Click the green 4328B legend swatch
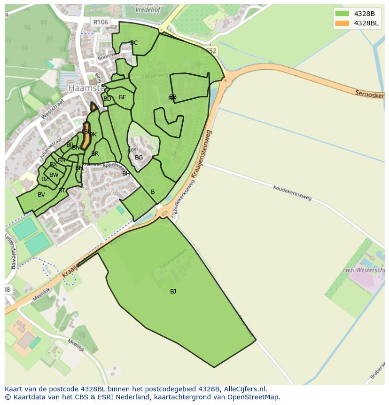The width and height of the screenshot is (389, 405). coord(342,14)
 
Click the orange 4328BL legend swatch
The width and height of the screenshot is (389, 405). coord(342,23)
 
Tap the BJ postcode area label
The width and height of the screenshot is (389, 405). coord(173,292)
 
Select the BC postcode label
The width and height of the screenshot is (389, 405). coord(134,43)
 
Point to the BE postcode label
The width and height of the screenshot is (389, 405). coord(123,97)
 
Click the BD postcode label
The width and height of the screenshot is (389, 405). coord(107,99)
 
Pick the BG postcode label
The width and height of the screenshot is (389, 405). coord(139,158)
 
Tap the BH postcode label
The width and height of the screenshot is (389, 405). coord(126,174)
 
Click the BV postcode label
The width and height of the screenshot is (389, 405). coord(41,195)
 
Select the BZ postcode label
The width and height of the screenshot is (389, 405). coord(45,179)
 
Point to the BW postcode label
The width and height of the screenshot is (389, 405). coord(54,175)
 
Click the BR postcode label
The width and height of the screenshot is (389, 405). coord(95,154)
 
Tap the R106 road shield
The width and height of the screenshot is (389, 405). coord(101,22)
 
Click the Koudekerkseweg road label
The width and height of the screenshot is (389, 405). coord(292,192)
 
